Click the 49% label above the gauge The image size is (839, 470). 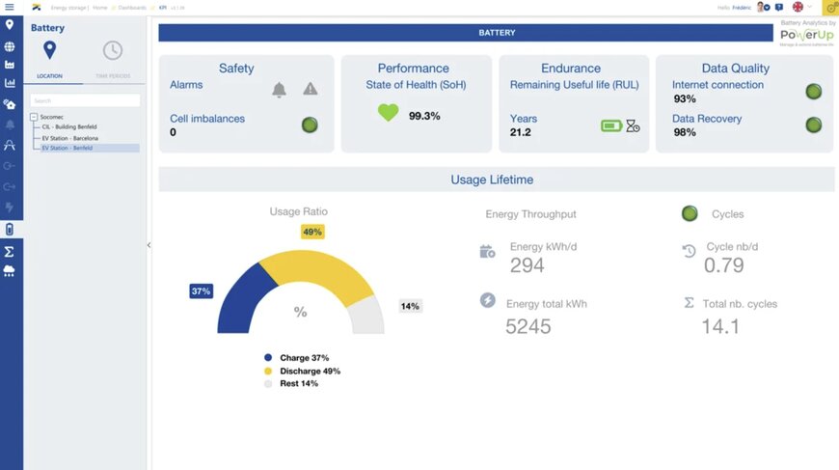(312, 232)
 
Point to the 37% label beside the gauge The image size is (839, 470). (201, 290)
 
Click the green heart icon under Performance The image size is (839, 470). (388, 113)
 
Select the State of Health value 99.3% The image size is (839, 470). (424, 116)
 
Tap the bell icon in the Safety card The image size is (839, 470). (279, 90)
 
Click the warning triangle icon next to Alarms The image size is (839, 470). (310, 89)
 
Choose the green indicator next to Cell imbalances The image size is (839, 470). (310, 124)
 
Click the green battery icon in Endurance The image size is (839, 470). (611, 125)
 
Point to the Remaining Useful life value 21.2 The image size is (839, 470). (521, 132)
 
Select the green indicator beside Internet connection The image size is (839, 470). (814, 92)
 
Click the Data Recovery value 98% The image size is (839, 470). (685, 132)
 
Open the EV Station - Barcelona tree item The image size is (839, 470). (69, 138)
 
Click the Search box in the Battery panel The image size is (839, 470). (85, 100)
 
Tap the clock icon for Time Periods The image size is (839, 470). (113, 50)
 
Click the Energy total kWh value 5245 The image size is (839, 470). (528, 326)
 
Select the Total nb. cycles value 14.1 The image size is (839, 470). (720, 326)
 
